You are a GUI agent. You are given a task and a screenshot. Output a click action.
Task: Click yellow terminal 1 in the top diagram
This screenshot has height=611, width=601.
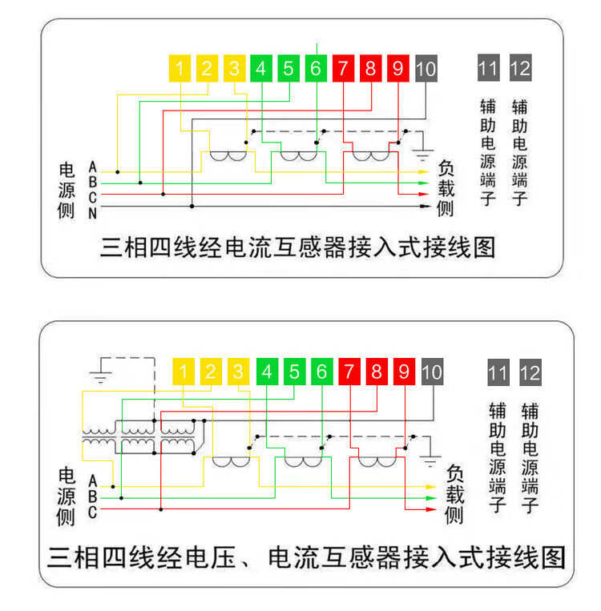179,69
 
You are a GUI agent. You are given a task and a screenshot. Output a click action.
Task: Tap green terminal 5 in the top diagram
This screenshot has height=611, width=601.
288,69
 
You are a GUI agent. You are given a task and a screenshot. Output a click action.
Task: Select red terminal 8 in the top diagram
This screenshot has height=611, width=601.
370,69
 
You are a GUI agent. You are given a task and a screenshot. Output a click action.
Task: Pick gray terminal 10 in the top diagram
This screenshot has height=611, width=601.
426,69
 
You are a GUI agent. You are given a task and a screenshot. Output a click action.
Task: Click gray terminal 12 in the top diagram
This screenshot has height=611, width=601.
521,68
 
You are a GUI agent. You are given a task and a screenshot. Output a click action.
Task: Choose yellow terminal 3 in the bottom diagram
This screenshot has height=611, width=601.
238,372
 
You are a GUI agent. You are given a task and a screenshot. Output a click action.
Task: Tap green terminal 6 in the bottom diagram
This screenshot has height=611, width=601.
322,372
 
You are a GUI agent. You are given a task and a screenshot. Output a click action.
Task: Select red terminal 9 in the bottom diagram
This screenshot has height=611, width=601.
405,372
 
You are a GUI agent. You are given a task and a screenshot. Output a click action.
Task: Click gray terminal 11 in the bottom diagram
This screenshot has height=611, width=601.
498,372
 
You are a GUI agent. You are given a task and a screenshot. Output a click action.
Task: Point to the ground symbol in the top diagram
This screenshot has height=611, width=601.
423,155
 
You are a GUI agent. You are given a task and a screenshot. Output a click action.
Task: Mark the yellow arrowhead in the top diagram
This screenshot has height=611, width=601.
424,172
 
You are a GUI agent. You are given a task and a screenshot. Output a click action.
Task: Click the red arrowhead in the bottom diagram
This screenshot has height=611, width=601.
431,509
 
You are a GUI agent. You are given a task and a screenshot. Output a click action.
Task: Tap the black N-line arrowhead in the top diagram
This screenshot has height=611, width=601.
426,206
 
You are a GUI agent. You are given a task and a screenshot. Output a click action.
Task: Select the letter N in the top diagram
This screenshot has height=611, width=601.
92,213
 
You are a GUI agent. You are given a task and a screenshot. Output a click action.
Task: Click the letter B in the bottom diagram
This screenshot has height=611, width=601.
92,496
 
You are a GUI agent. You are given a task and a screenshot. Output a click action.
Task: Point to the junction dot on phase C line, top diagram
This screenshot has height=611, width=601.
163,194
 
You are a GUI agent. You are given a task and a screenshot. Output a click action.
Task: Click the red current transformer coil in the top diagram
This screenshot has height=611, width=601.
371,156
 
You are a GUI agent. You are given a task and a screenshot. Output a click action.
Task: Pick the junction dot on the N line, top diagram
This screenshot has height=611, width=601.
192,206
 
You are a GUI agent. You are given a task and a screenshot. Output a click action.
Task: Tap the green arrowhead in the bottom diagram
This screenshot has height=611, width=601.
431,498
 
